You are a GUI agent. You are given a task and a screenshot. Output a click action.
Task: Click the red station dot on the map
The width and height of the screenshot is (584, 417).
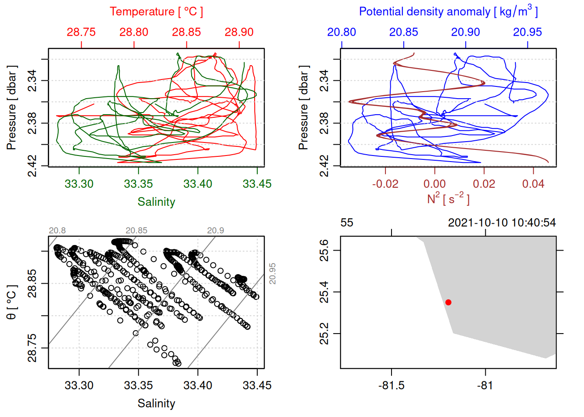(x=448, y=302)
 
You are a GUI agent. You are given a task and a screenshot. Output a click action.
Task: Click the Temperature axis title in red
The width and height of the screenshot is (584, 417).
(x=156, y=12)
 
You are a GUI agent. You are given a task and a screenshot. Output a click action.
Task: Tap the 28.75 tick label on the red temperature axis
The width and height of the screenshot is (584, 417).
(x=81, y=32)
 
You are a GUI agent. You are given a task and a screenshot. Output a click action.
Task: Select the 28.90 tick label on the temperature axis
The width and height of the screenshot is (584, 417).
(x=239, y=32)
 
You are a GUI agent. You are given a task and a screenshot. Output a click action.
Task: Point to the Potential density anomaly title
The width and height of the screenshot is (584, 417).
(x=448, y=12)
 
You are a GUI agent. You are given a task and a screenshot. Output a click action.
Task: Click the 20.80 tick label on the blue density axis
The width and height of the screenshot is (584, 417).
(x=342, y=32)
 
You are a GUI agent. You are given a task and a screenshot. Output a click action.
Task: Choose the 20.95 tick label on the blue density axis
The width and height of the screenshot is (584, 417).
(x=528, y=32)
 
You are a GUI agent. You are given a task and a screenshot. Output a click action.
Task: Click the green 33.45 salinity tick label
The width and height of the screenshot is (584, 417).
(x=257, y=184)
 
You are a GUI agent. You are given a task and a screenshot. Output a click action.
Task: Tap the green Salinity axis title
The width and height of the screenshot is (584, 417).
(x=156, y=202)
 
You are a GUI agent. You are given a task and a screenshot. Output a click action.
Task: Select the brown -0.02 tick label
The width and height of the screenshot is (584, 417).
(x=385, y=184)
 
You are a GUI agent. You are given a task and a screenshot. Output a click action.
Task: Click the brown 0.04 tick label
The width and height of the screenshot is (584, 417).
(x=533, y=184)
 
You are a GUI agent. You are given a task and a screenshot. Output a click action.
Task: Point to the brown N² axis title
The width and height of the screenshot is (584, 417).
(x=448, y=199)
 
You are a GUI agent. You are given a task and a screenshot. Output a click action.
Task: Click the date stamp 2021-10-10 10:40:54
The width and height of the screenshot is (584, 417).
(x=502, y=223)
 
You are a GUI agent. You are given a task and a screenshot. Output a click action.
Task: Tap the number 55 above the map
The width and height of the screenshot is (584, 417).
(x=347, y=223)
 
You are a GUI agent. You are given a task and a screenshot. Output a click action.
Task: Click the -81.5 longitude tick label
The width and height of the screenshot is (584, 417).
(x=391, y=386)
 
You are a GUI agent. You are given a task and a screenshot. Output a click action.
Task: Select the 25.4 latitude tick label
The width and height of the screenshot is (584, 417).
(x=325, y=292)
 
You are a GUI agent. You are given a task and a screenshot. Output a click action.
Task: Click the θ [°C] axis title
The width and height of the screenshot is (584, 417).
(x=12, y=302)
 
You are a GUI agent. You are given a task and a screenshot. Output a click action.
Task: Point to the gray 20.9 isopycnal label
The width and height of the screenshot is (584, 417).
(x=216, y=231)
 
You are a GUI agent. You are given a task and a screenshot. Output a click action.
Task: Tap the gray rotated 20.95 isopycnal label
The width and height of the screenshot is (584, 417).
(x=272, y=274)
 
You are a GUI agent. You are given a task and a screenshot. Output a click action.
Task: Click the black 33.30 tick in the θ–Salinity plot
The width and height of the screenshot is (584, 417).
(x=79, y=386)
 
